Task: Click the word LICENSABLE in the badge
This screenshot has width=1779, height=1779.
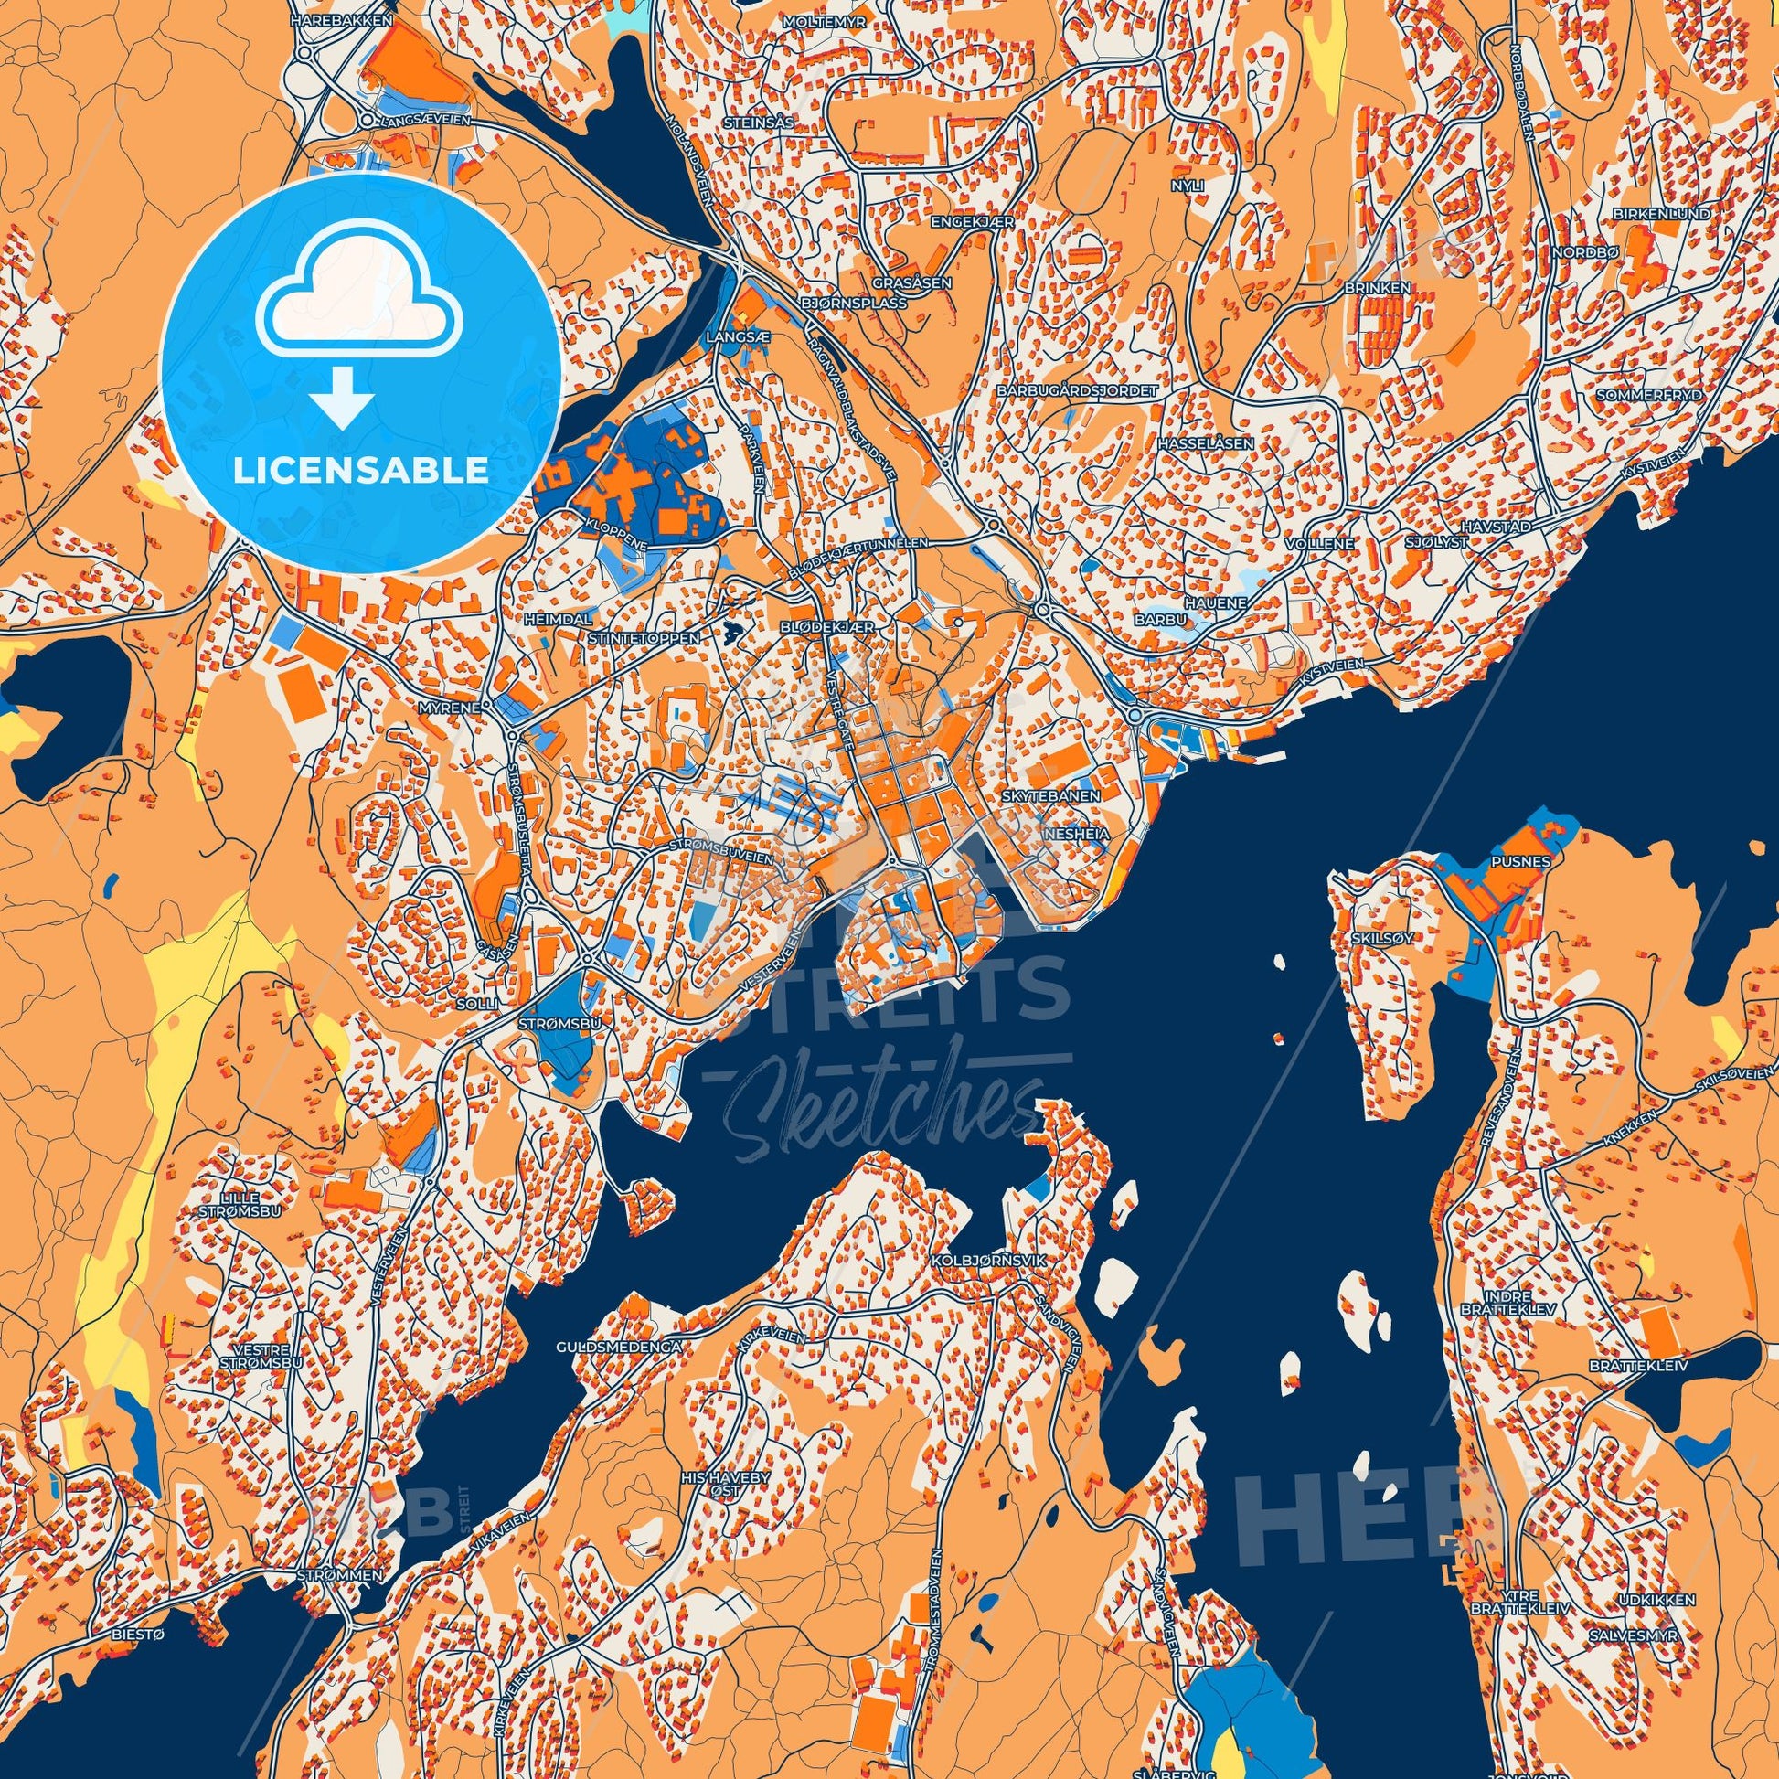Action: click(360, 471)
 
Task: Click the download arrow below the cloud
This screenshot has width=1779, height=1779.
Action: click(343, 399)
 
